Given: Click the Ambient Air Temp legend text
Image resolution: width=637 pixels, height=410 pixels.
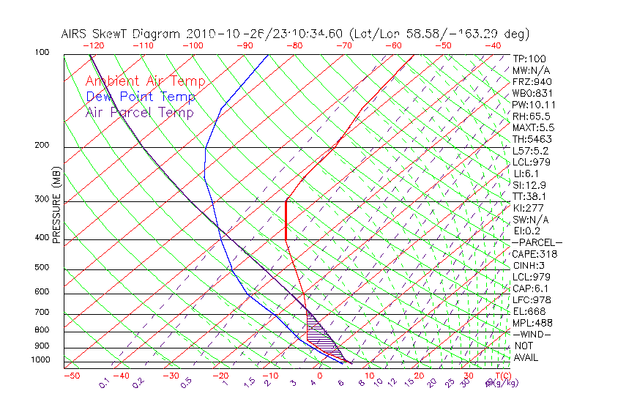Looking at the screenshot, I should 145,81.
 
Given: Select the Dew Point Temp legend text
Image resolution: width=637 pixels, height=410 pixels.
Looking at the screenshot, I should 140,97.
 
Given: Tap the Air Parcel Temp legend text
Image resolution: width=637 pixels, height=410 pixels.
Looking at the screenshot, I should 139,112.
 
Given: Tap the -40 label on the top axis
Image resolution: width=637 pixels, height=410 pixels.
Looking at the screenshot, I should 493,45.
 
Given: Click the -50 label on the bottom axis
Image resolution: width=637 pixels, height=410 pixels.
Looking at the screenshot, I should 71,376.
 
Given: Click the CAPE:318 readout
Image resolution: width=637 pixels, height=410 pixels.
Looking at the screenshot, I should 534,254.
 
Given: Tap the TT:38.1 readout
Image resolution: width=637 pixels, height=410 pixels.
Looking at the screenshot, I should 531,196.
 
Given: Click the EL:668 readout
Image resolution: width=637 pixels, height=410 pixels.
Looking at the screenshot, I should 529,311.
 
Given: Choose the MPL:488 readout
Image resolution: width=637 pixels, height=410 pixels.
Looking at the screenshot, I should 532,323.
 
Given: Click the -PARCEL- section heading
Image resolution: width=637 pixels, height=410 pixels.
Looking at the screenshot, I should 537,242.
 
